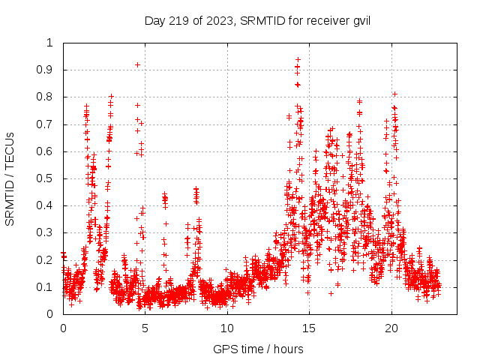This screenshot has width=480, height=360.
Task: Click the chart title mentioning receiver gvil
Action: [258, 20]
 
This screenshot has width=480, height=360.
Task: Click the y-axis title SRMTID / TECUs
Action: [10, 178]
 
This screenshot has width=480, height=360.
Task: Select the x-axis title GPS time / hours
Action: [258, 349]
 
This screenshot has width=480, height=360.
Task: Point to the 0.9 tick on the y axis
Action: [49, 70]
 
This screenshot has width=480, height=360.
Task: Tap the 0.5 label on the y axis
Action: [49, 178]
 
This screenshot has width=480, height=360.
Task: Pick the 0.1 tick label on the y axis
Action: [49, 287]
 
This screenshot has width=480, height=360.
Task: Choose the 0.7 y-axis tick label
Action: [49, 124]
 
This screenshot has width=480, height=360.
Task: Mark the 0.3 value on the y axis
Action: [49, 233]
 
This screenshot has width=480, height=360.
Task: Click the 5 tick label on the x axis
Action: [145, 328]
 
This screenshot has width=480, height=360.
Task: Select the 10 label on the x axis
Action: [227, 328]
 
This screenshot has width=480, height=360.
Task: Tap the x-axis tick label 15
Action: [310, 328]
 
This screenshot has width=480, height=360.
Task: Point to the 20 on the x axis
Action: [391, 328]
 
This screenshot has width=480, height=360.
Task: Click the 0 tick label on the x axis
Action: [63, 328]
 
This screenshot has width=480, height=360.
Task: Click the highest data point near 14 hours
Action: [298, 59]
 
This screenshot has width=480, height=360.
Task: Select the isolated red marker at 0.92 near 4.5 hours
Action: [137, 64]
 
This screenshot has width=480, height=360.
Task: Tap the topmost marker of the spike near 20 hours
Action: [394, 94]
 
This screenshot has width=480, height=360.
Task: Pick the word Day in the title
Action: [154, 20]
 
